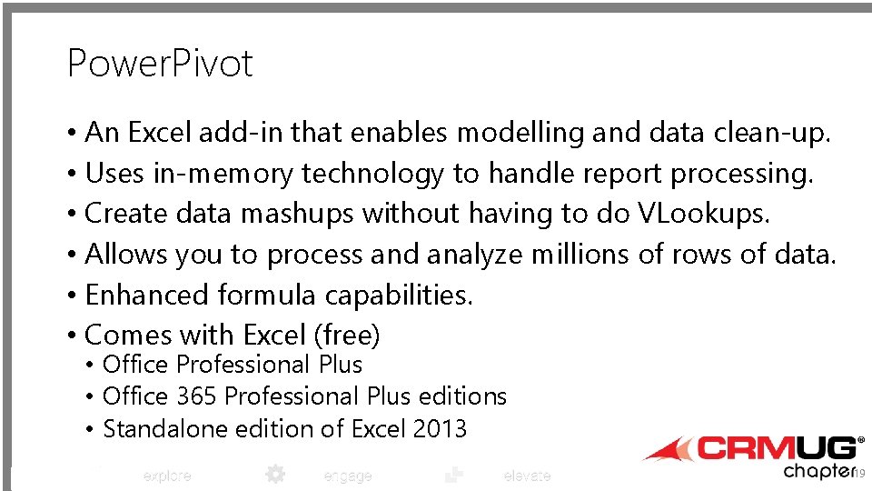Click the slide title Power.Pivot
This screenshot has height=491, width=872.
click(160, 64)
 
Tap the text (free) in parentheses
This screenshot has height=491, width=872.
click(346, 336)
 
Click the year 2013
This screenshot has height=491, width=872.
click(440, 429)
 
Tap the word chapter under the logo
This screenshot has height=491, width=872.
click(818, 471)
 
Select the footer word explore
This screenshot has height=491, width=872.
click(167, 476)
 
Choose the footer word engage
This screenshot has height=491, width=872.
click(348, 476)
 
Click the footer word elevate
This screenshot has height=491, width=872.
click(527, 476)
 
